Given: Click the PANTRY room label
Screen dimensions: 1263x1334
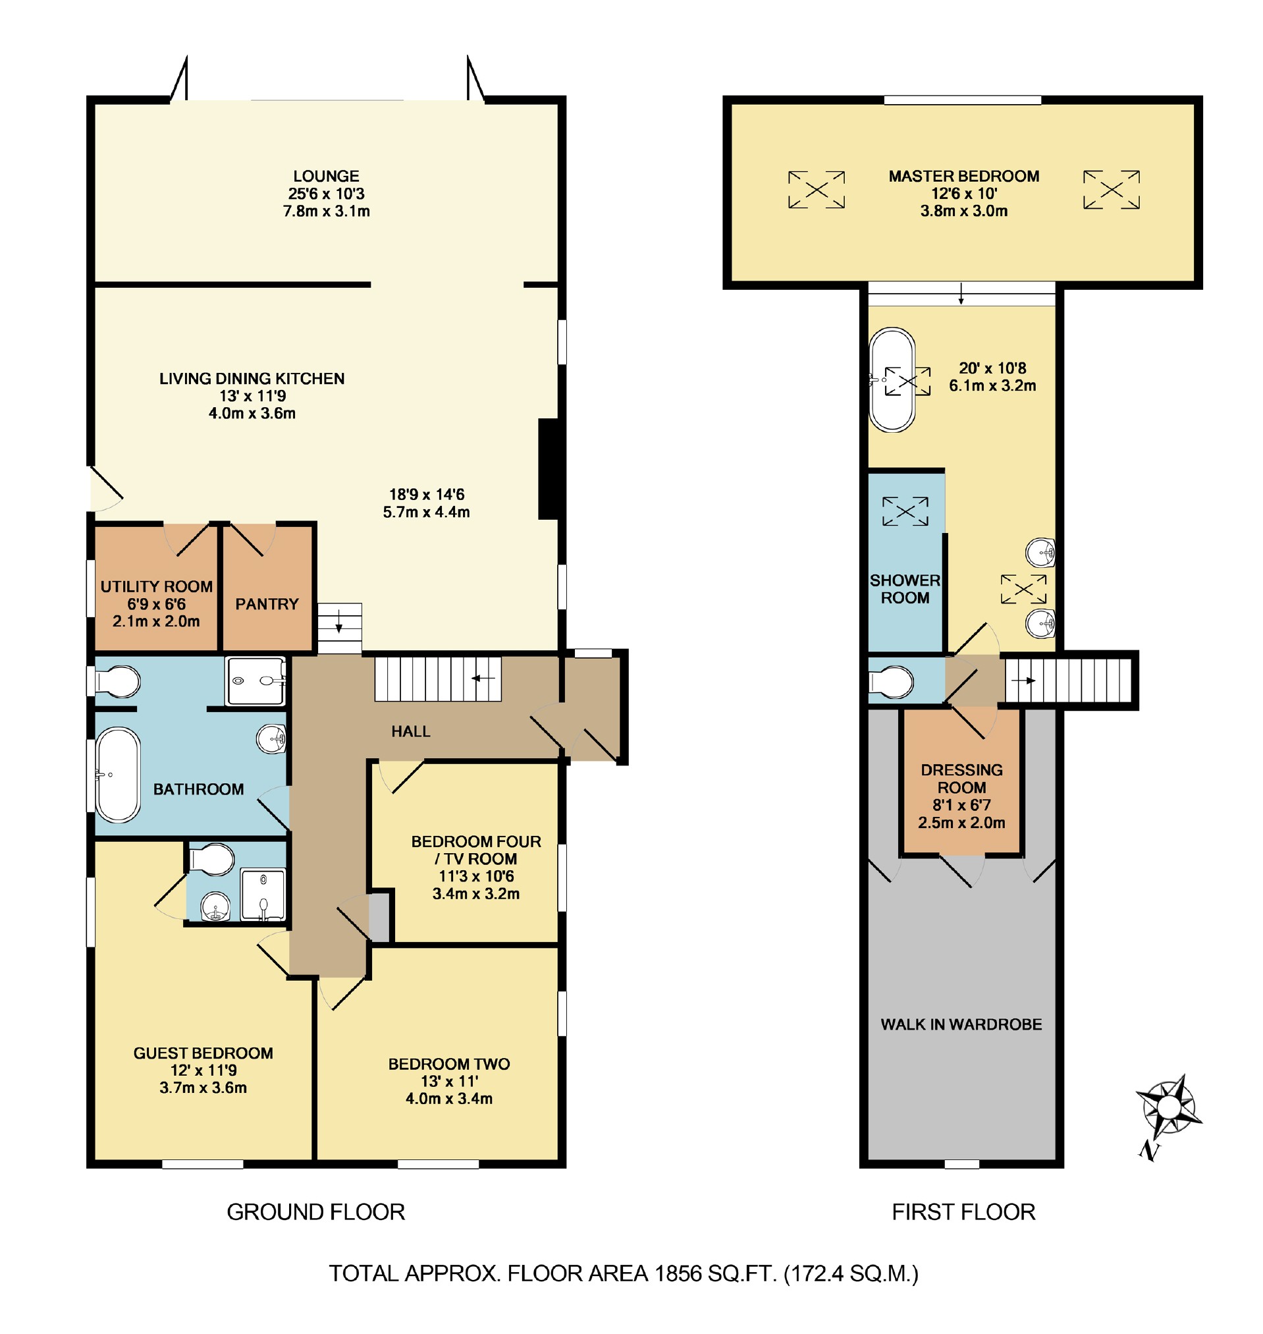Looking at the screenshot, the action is tap(267, 604).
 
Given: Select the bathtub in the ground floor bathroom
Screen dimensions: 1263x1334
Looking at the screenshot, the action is tap(118, 775).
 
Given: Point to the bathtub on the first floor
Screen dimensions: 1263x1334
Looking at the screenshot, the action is tap(892, 380).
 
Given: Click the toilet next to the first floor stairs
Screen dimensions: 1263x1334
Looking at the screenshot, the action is tap(892, 681).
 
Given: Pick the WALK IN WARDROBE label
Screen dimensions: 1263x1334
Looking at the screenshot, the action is tap(961, 1024).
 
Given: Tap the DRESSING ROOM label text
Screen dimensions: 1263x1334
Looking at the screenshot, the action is tap(961, 779).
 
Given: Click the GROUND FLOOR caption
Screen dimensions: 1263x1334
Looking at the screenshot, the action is tap(316, 1212).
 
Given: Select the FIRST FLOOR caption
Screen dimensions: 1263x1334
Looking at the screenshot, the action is tap(963, 1212).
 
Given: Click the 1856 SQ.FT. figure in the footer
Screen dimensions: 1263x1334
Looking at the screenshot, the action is tap(716, 1273).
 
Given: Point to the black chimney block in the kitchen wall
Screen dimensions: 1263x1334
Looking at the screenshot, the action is tap(549, 469).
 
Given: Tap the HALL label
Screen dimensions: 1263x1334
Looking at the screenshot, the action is tap(411, 731).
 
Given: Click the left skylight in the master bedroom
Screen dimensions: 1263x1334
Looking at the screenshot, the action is tap(817, 189).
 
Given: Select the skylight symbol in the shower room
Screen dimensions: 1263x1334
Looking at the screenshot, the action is tap(905, 511).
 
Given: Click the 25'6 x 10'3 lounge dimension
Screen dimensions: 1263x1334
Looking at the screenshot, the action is tap(327, 194).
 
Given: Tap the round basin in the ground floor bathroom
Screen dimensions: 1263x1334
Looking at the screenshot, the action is tap(271, 739).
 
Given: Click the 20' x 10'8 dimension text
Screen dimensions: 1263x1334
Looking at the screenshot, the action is tap(992, 368).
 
